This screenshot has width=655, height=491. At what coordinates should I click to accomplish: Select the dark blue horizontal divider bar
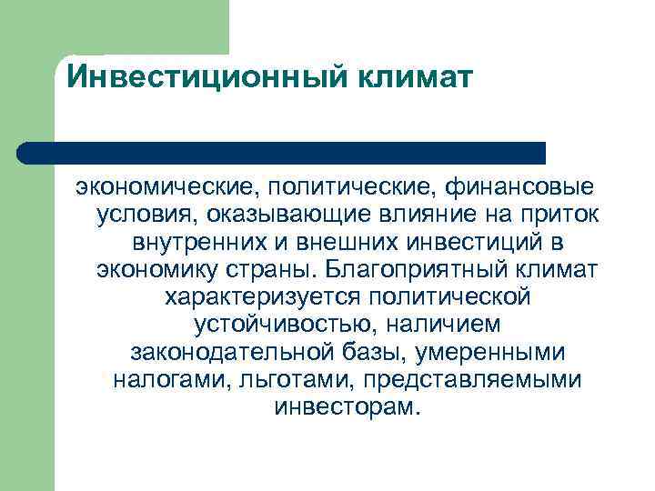tap(282, 152)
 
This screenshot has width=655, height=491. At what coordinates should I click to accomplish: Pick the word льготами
tap(276, 380)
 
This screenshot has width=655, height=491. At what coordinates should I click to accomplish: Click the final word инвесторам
tap(347, 407)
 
